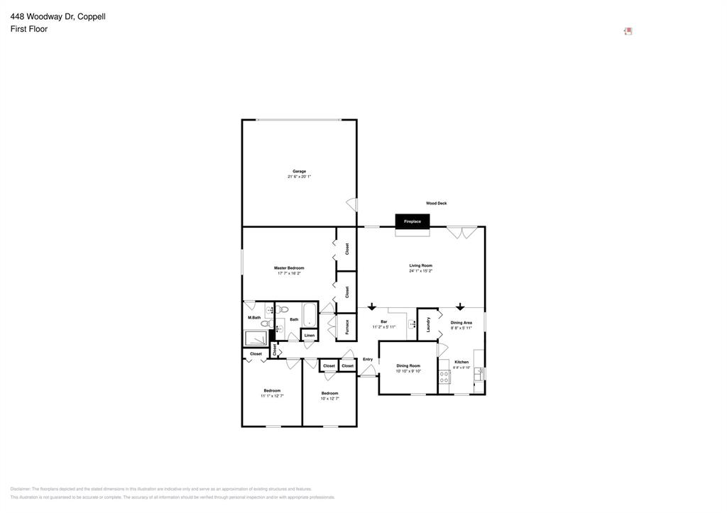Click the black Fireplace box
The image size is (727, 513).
[412, 221]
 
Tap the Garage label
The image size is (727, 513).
[300, 171]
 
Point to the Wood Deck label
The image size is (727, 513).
[437, 204]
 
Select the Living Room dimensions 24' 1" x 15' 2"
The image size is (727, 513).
[421, 271]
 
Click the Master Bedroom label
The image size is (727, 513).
[289, 267]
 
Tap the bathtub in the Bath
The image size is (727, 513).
[310, 314]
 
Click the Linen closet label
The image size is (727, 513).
[310, 335]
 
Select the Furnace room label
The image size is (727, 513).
[347, 327]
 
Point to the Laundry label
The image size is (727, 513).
[428, 324]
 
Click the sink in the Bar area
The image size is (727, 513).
[412, 325]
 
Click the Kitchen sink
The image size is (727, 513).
[479, 373]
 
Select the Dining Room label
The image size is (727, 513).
[408, 365]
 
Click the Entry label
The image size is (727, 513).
[368, 359]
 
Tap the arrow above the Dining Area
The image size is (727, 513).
[460, 307]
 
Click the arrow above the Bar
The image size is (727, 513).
[371, 307]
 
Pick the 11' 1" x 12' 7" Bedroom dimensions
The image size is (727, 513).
[272, 396]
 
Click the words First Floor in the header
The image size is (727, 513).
[29, 29]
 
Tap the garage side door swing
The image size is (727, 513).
[351, 204]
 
